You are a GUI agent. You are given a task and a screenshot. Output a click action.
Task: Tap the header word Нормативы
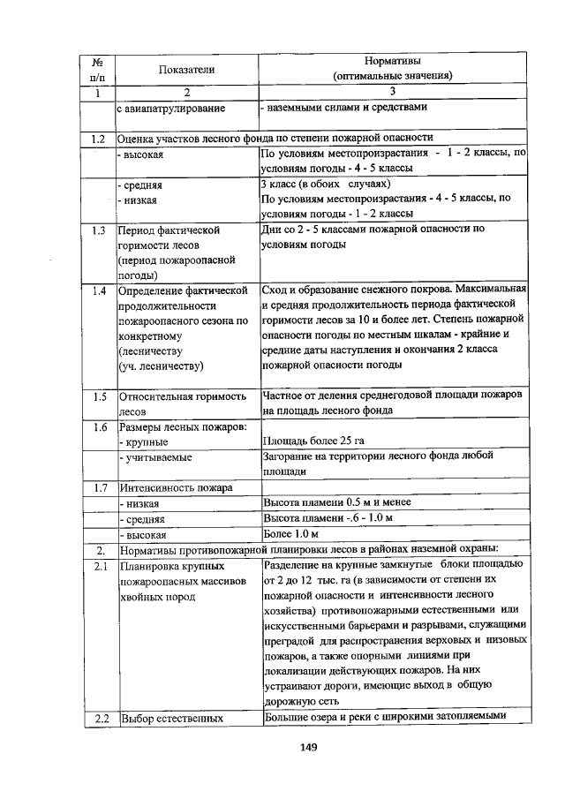pos(393,61)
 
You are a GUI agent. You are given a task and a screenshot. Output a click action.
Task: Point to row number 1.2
pos(99,139)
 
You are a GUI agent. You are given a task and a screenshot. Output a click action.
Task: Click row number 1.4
pos(99,290)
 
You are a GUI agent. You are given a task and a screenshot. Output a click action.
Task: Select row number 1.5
pos(99,397)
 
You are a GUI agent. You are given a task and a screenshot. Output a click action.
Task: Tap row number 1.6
pos(99,427)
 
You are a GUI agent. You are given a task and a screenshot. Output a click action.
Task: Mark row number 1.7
pos(99,487)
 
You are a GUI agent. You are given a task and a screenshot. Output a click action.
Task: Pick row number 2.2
pos(99,717)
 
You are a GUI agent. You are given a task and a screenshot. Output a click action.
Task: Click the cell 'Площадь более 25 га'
pos(314,441)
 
